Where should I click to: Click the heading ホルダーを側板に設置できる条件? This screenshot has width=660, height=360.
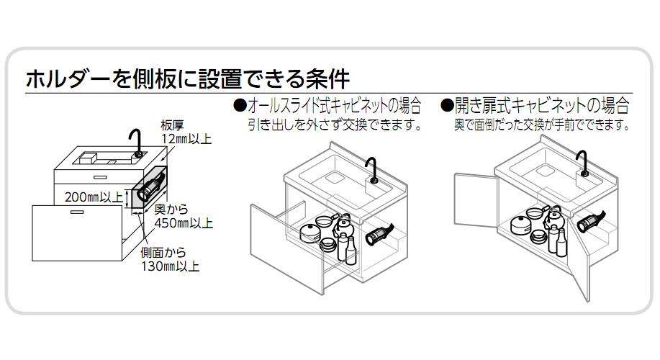point(188,78)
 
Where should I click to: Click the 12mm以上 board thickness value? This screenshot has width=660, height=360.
point(186,139)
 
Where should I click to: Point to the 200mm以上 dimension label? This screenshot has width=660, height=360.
point(94,197)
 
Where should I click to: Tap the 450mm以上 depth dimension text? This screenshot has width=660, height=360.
point(184,222)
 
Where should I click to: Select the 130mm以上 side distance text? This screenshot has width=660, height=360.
point(170,266)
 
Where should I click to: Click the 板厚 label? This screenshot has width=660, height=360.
point(172,125)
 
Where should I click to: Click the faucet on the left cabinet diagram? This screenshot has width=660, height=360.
point(137,143)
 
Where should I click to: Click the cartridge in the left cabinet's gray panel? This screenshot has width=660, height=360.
point(149,189)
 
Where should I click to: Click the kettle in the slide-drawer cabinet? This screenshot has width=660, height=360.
point(343,227)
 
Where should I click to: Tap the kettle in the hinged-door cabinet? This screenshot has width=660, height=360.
point(552,217)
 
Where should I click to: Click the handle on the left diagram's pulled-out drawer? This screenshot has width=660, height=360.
point(77,212)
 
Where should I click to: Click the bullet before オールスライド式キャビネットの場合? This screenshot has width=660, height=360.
point(240,105)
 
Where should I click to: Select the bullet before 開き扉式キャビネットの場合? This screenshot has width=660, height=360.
point(447,105)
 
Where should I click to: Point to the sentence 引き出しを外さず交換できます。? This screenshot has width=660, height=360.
point(335,125)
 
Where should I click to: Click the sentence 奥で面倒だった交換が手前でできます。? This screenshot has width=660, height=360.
point(542,125)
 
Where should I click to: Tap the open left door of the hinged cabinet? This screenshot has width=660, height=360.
point(476,200)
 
